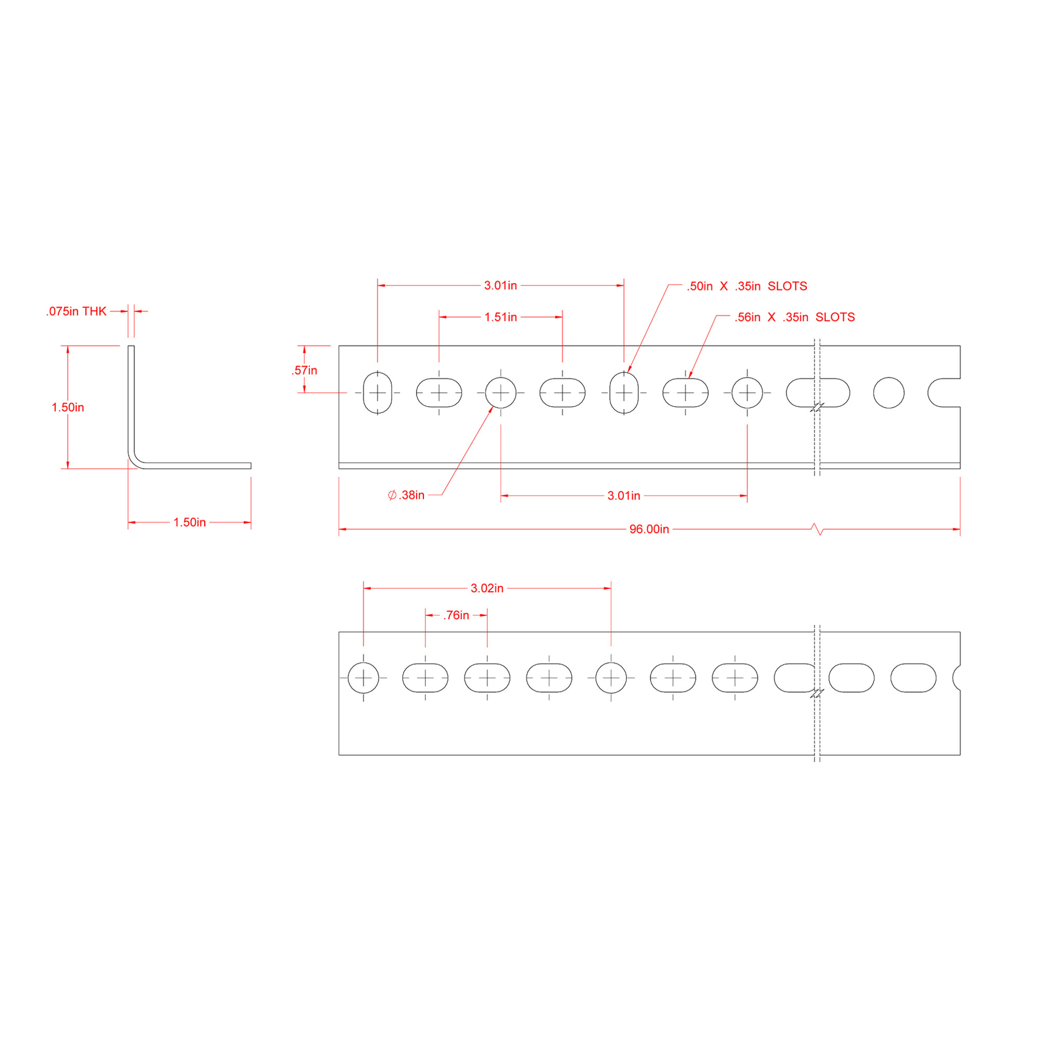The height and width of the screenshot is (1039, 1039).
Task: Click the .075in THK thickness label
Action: click(76, 311)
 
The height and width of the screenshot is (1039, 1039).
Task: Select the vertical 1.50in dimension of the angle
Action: click(68, 407)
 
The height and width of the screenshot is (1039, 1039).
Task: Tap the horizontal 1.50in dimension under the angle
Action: click(189, 522)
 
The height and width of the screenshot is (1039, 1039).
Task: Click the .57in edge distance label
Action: click(304, 370)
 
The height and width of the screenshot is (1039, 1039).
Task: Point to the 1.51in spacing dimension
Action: click(500, 317)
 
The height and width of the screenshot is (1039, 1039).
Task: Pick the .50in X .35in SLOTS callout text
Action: click(747, 286)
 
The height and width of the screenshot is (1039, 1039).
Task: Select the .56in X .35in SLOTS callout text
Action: click(794, 317)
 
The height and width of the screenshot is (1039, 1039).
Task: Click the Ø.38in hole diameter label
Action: click(407, 495)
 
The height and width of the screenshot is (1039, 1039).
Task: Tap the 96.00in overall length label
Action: click(648, 529)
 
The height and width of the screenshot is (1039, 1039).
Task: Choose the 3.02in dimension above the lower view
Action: click(487, 589)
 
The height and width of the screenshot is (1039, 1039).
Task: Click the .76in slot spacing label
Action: click(456, 615)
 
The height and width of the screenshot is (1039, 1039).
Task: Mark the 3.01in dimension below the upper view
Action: click(623, 495)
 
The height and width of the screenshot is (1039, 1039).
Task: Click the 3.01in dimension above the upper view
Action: click(500, 286)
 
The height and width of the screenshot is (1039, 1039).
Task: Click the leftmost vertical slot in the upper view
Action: click(378, 393)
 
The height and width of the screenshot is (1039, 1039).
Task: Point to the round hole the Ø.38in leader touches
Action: click(501, 393)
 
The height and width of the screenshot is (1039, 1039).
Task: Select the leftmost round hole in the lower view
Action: click(364, 678)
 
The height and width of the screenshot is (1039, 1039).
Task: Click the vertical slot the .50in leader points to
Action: click(624, 393)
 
